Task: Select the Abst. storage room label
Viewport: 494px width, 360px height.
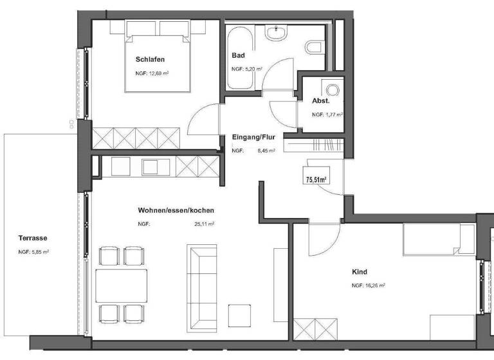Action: click(x=320, y=101)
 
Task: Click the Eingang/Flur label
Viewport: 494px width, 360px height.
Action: click(x=253, y=137)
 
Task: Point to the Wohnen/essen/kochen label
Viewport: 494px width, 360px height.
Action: click(x=176, y=210)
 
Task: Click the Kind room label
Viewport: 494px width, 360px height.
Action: click(x=361, y=272)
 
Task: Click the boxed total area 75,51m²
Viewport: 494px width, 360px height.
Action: click(x=317, y=180)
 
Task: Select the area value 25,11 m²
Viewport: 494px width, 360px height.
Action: click(x=204, y=224)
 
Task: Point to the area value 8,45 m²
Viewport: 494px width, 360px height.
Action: click(x=264, y=150)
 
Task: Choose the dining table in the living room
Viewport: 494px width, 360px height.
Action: click(x=122, y=285)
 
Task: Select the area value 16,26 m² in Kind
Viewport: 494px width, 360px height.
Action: click(x=369, y=285)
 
